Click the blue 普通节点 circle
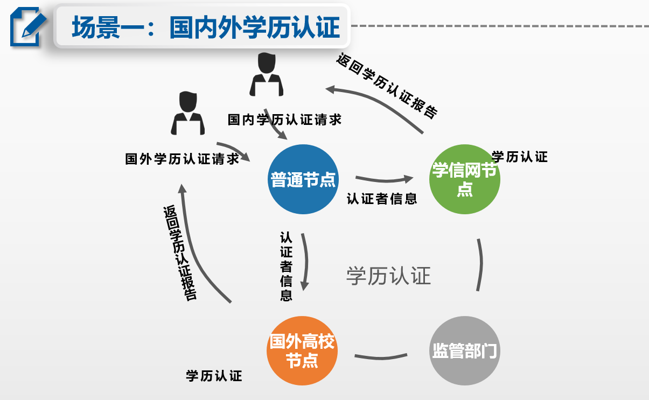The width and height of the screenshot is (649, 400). coord(303,179)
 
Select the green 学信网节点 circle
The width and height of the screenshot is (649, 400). coord(464,179)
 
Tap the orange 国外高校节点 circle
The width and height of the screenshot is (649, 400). coord(302,350)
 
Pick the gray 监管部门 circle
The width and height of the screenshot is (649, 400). coord(464,350)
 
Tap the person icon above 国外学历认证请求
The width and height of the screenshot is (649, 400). coord(187,114)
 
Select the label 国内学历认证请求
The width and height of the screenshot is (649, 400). coord(284,120)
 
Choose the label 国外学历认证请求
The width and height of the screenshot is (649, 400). coord(182,159)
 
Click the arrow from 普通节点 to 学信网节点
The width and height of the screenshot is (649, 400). coord(383,179)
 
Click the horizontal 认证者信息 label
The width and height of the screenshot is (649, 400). coord(381,199)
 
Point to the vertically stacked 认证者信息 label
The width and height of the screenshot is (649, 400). coord(286,266)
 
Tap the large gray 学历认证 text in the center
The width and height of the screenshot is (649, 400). coord(388,276)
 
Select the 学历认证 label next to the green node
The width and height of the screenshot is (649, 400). coord(520,157)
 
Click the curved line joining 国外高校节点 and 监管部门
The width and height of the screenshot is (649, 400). coord(381,356)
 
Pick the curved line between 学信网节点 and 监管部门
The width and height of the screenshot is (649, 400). coord(479,265)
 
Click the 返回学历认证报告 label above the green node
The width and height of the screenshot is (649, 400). coord(386,86)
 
